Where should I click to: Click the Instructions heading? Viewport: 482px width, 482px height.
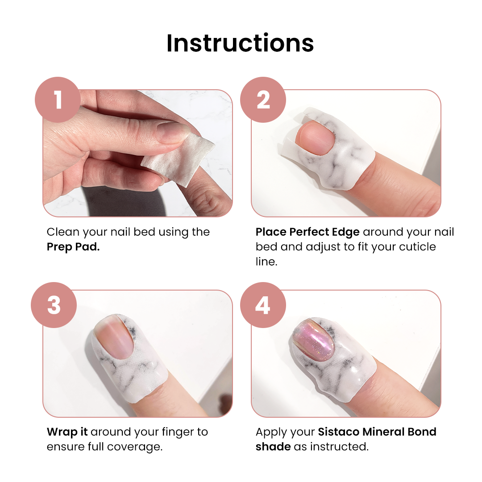pyautogui.click(x=240, y=43)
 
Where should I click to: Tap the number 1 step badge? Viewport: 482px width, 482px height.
pyautogui.click(x=58, y=100)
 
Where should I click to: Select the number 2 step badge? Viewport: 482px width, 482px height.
pyautogui.click(x=263, y=100)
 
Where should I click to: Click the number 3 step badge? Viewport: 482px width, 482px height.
pyautogui.click(x=54, y=305)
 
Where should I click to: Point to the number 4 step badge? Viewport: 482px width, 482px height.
pyautogui.click(x=263, y=305)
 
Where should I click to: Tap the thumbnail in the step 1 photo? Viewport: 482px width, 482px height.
pyautogui.click(x=173, y=132)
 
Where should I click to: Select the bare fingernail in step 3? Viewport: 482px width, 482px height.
pyautogui.click(x=114, y=337)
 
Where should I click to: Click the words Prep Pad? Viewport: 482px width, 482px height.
pyautogui.click(x=73, y=247)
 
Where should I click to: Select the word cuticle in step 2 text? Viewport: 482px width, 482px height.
pyautogui.click(x=416, y=247)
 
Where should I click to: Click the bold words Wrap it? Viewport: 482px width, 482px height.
pyautogui.click(x=67, y=432)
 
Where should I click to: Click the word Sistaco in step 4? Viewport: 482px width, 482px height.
pyautogui.click(x=338, y=432)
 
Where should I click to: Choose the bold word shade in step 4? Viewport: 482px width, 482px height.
pyautogui.click(x=273, y=447)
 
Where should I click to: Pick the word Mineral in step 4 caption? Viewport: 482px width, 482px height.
pyautogui.click(x=383, y=432)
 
